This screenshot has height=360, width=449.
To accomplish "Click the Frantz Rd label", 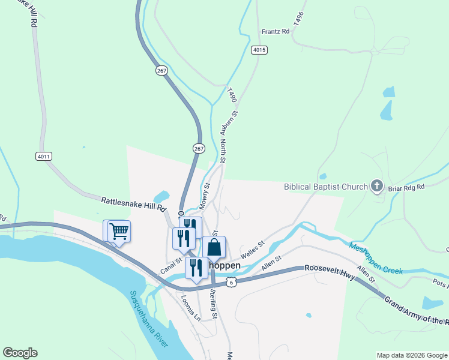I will [274, 32].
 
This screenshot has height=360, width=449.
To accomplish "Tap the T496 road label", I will [299, 18].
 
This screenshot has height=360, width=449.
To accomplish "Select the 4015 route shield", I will [259, 50].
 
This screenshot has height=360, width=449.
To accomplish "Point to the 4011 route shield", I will [44, 157].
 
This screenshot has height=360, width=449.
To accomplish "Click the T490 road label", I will [232, 95].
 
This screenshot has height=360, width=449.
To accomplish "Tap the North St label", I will [222, 151].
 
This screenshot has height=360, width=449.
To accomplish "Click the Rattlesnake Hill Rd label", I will [133, 204].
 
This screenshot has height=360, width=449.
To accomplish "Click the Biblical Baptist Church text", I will [325, 186].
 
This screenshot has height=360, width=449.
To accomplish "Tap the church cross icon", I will [377, 185].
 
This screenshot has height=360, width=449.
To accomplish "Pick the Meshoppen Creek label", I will [376, 258].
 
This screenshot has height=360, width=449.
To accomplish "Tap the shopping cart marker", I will [119, 231].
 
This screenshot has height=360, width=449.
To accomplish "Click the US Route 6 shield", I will [231, 281].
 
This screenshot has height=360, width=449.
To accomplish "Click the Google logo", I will [20, 353].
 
